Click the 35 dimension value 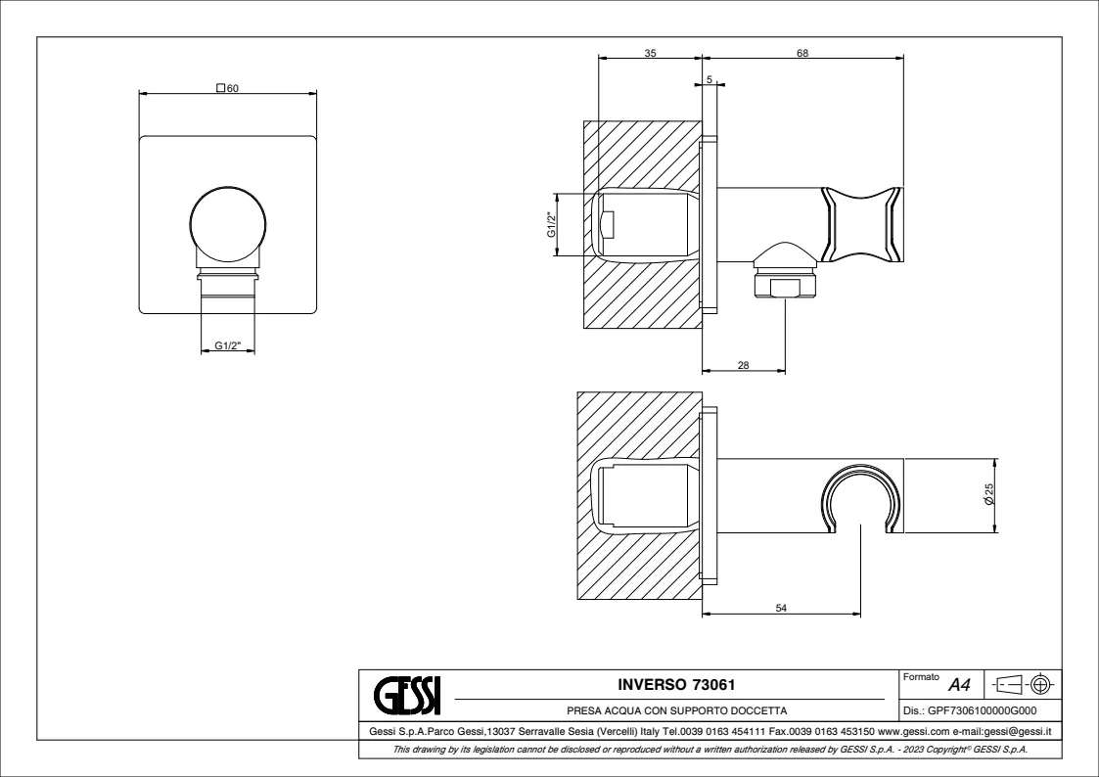(x=651, y=53)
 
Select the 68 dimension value (x=802, y=53)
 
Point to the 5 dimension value (x=710, y=80)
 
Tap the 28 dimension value (x=744, y=365)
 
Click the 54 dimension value (x=781, y=608)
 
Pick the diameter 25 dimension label (x=989, y=494)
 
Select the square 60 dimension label (x=227, y=88)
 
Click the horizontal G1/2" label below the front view (x=228, y=345)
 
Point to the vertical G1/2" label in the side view (x=552, y=224)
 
